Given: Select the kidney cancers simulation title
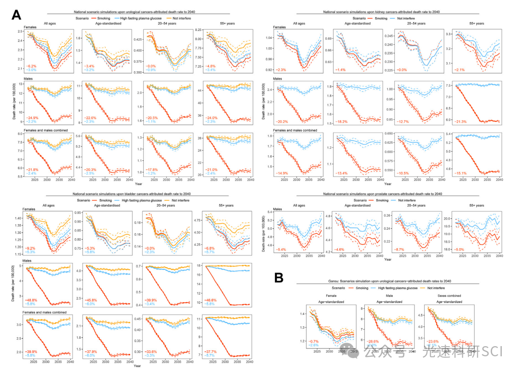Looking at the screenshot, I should [385, 12].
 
